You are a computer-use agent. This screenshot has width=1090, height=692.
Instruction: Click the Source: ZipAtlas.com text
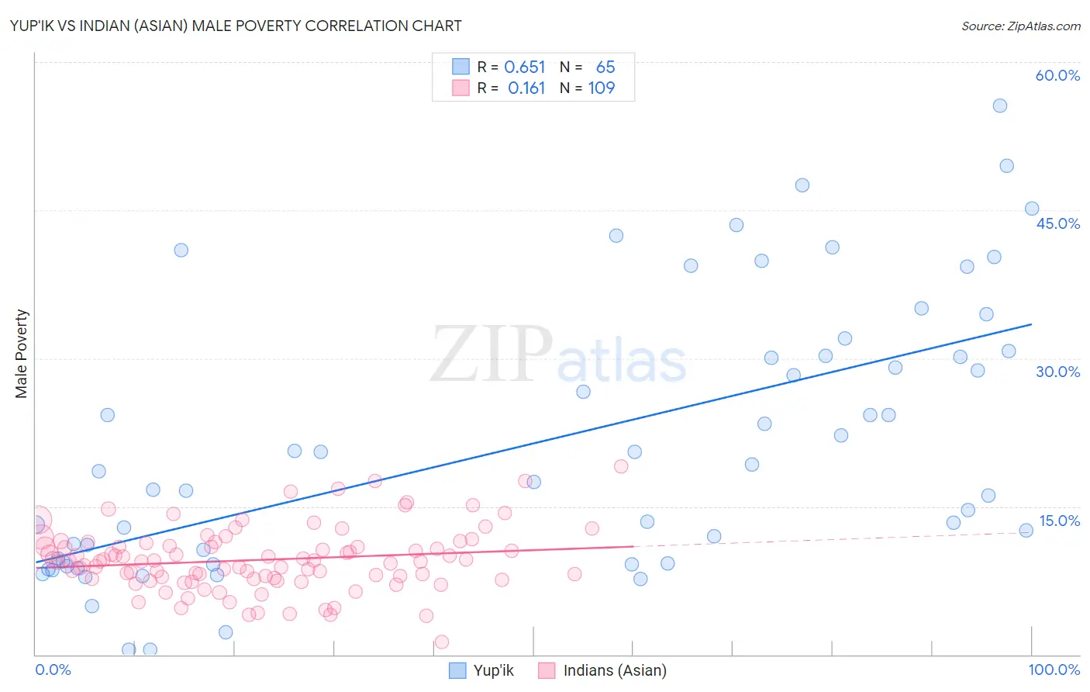coord(1020,26)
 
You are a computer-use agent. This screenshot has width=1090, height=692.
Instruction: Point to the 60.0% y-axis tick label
coord(1057,75)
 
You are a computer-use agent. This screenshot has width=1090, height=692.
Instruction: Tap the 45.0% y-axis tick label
coord(1057,223)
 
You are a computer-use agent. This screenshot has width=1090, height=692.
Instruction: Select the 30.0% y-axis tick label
coord(1057,372)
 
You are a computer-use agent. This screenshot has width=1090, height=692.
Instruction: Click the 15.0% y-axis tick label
coord(1059,521)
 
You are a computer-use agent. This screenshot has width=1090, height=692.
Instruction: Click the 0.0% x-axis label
coord(53,670)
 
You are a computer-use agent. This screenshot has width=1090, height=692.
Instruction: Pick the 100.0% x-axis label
coord(1054,670)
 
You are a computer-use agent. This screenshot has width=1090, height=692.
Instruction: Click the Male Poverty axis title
coord(22,354)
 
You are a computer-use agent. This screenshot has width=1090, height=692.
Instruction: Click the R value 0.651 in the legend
coord(525,67)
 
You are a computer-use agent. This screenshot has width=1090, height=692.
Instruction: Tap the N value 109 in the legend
coord(602,88)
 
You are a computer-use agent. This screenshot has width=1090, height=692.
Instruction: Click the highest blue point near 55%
coord(1000,106)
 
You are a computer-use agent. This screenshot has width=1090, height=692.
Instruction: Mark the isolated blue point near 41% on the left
coord(181,250)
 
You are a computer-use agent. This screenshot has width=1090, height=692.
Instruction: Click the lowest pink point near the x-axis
coord(442,642)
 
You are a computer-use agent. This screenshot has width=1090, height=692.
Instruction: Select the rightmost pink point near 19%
coord(621,466)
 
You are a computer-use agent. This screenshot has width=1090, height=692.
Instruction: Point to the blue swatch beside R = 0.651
coord(460,67)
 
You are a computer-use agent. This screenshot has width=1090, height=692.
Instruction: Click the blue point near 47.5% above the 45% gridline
coord(802,185)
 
